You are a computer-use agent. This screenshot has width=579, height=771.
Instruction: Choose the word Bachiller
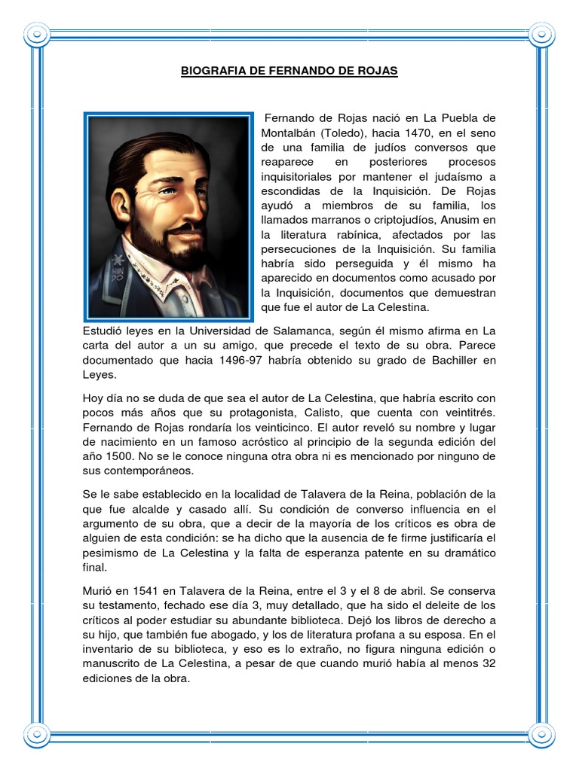click(x=455, y=359)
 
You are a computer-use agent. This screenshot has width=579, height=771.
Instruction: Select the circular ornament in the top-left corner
click(x=35, y=34)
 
